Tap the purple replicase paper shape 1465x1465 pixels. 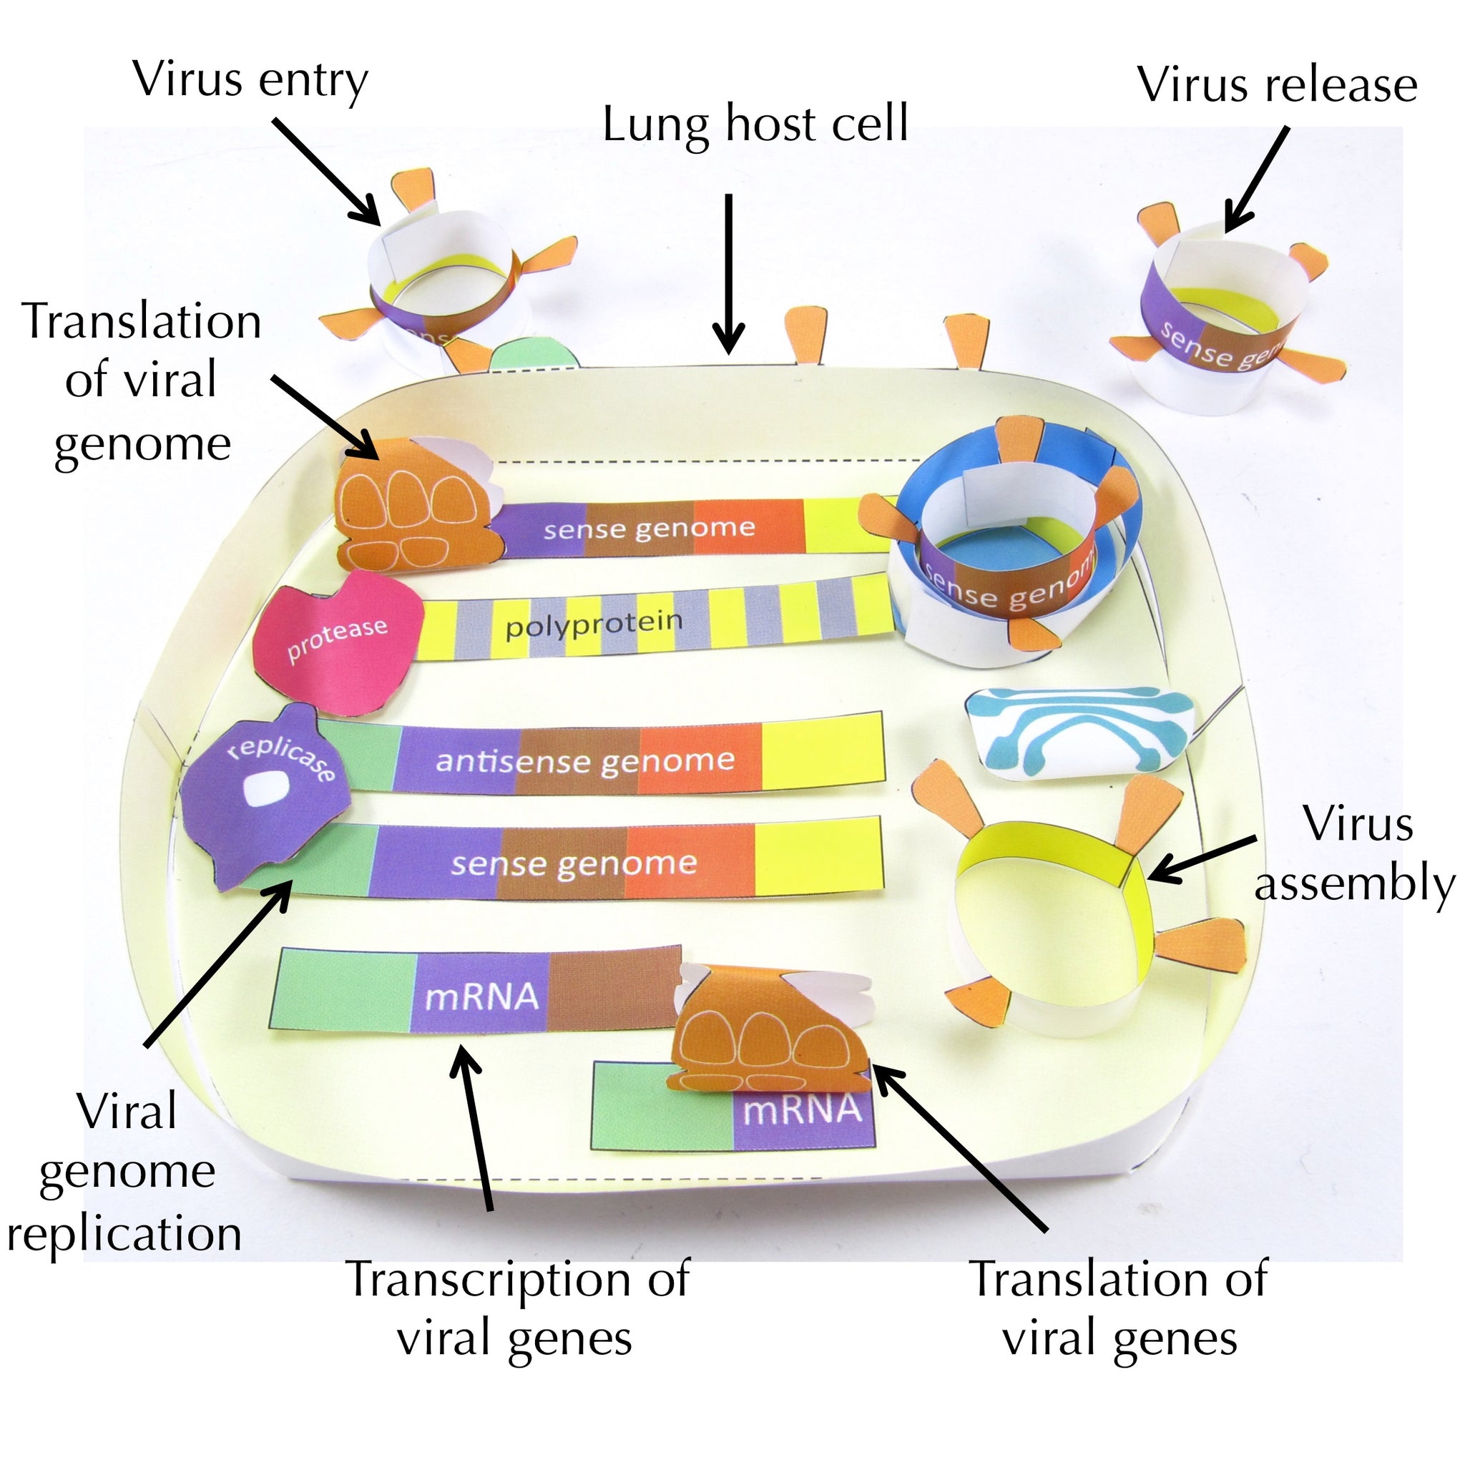pyautogui.click(x=265, y=796)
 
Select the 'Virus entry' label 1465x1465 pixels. pyautogui.click(x=250, y=79)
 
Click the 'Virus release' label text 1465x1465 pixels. pyautogui.click(x=1276, y=85)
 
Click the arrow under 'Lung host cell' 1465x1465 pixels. pyautogui.click(x=729, y=273)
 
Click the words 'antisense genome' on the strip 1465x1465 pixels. pyautogui.click(x=584, y=760)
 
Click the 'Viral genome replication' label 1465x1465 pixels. pyautogui.click(x=125, y=1172)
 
